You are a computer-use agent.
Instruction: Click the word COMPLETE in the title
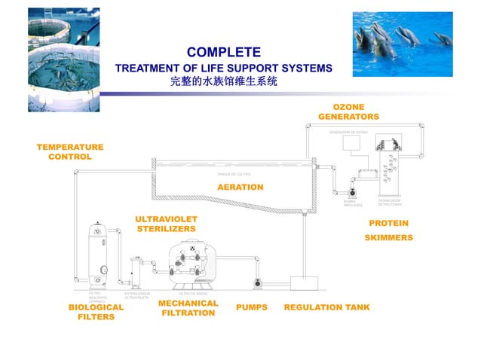click(x=223, y=52)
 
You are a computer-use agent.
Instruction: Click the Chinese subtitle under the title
click(x=223, y=81)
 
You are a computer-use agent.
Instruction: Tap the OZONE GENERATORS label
click(x=348, y=112)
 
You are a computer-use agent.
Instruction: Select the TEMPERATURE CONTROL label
click(x=70, y=151)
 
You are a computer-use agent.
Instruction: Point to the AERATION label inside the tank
click(x=240, y=187)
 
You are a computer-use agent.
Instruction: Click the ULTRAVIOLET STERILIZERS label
click(x=165, y=223)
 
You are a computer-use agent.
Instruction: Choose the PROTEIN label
click(x=388, y=223)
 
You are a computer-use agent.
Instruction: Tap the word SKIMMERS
click(x=388, y=237)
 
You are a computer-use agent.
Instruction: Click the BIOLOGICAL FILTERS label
click(x=96, y=313)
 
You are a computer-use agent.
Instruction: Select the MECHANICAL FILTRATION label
click(x=188, y=308)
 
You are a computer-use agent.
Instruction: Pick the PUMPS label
click(x=251, y=308)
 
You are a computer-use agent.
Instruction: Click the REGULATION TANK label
click(x=326, y=308)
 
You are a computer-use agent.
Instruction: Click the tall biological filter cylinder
click(x=99, y=256)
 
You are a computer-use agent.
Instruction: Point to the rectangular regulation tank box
click(x=305, y=283)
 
